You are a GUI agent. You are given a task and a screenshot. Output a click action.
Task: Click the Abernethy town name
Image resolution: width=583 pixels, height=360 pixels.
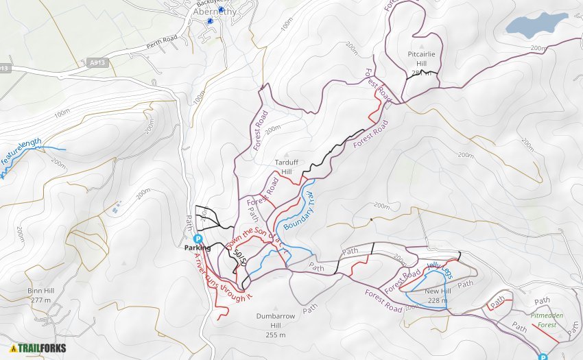(216, 11)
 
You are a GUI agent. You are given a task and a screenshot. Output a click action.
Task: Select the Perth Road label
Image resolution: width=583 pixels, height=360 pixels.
(161, 43)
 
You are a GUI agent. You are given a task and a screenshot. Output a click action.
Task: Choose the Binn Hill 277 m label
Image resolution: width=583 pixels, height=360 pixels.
(40, 295)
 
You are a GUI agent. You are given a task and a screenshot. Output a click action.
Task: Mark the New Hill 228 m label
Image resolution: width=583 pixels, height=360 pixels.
(438, 296)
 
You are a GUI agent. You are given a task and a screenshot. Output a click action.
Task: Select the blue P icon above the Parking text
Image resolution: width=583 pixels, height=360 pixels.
(198, 239)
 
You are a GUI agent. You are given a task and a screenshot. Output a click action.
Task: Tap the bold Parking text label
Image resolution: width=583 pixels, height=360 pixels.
(198, 248)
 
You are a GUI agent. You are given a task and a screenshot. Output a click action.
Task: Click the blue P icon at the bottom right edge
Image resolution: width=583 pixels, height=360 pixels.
(543, 357)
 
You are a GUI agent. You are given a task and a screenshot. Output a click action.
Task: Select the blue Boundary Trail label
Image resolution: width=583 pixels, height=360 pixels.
(305, 209)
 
